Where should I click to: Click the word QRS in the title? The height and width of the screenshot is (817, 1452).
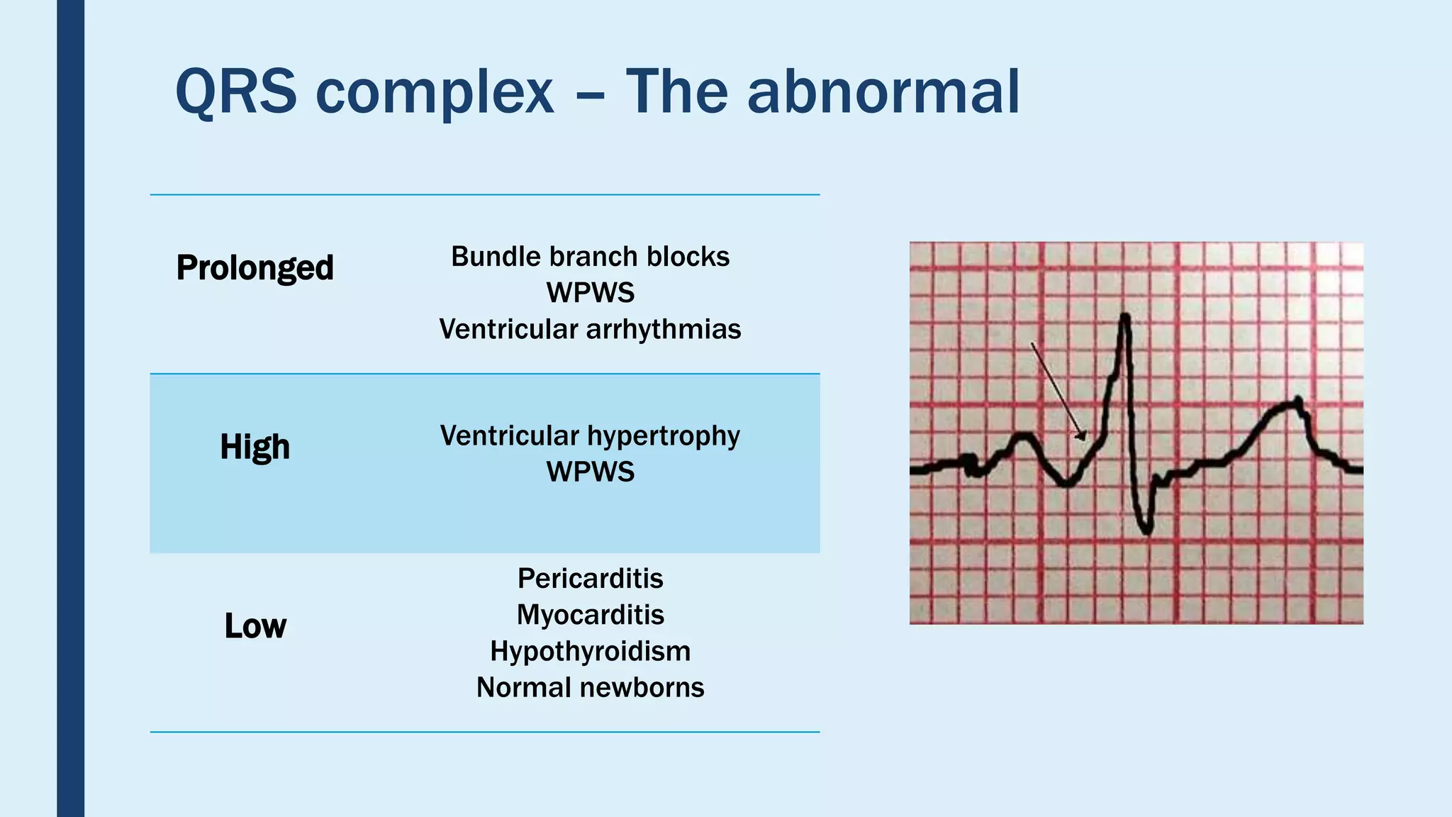pos(235,91)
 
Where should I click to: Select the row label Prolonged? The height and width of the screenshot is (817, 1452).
pos(255,268)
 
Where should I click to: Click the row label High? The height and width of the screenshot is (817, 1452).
pos(255,447)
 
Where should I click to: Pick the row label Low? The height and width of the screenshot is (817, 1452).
pos(255,626)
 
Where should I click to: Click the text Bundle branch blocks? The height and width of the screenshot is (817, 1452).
pos(590,257)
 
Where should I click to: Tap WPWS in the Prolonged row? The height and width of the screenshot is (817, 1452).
pos(590,293)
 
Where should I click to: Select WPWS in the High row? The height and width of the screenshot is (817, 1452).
pos(590,472)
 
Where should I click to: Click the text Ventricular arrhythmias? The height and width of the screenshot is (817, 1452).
pos(590,329)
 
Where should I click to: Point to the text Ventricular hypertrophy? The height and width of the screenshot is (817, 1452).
pos(590,435)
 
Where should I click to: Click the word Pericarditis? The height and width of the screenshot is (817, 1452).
pos(590,579)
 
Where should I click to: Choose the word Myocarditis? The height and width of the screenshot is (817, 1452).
pos(590,615)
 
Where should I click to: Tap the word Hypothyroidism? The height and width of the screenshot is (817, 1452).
pos(590,651)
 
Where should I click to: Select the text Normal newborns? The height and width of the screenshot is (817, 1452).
pos(590,687)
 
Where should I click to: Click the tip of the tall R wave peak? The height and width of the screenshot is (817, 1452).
pos(1124,316)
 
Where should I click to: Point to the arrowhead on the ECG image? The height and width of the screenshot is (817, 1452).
pos(1080,436)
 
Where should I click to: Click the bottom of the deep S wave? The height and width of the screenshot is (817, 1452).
pos(1146,530)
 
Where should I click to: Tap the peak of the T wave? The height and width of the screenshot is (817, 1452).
pos(1297,402)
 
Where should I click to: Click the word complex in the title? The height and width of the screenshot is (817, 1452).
pos(434,91)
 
